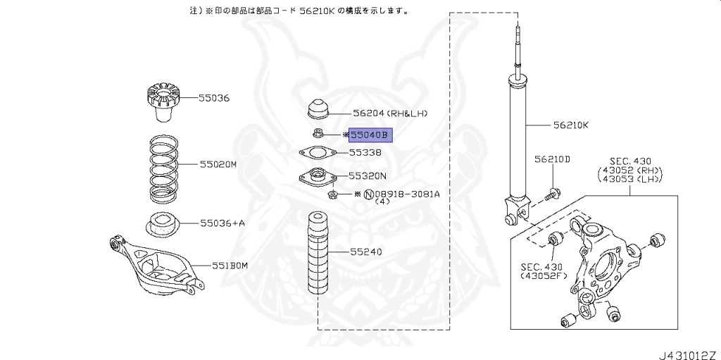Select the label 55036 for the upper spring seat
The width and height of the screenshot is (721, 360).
tap(213, 98)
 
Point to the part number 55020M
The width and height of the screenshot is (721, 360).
tap(218, 164)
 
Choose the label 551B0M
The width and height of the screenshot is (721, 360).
tap(230, 266)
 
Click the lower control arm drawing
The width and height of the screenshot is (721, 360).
tap(155, 267)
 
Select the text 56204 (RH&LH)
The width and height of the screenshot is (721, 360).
tap(390, 113)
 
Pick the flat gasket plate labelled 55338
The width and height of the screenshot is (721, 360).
tap(314, 153)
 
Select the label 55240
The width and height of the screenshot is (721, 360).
tap(365, 250)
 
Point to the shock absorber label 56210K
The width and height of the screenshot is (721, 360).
tap(571, 126)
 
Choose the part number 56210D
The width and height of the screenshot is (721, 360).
tap(551, 159)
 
